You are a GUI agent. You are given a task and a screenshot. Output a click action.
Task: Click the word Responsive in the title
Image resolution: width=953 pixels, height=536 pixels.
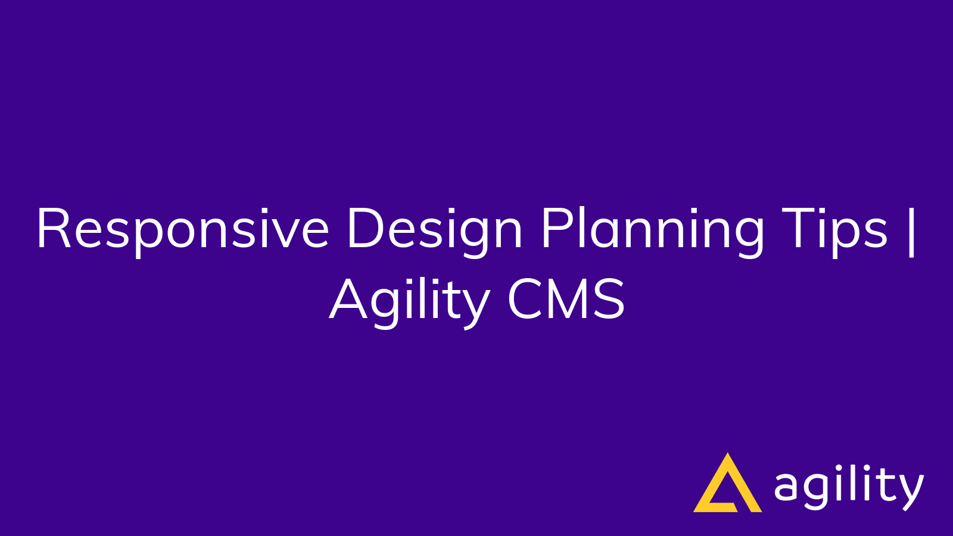182,229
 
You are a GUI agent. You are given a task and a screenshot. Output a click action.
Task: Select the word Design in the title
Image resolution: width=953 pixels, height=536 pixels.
434,229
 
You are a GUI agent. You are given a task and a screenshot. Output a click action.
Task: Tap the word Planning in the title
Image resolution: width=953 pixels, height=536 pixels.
652,229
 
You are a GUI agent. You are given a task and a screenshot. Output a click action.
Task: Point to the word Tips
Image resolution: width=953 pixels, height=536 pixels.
834,229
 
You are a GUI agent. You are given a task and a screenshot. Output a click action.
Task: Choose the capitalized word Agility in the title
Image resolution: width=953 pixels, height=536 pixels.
409,301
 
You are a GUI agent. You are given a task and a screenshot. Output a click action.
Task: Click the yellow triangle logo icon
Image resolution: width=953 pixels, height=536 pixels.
727,485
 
